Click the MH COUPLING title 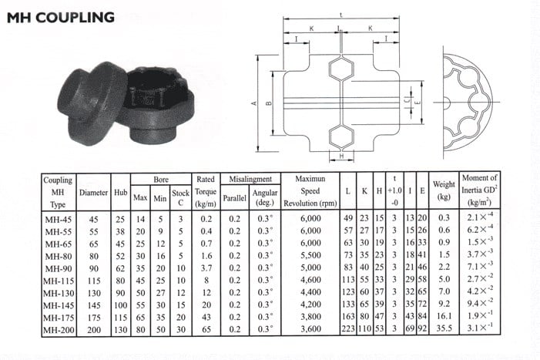tap(61, 16)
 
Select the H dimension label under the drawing tap(340, 159)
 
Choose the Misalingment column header tap(245, 179)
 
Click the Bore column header tap(160, 179)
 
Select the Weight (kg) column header tap(444, 190)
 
